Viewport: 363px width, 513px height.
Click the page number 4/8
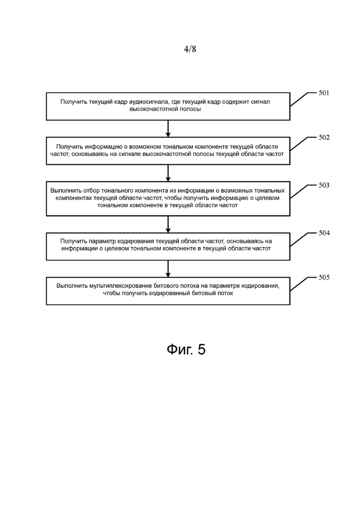click(190, 49)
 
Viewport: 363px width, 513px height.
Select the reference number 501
click(324, 93)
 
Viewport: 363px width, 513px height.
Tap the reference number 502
click(324, 137)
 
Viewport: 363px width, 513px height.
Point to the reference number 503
click(324, 185)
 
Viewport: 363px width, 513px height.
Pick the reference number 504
click(324, 233)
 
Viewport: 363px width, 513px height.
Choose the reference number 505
click(324, 278)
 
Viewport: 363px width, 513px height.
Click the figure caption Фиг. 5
click(186, 349)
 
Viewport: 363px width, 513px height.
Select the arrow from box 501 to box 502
click(168, 128)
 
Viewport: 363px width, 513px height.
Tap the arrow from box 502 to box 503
click(168, 173)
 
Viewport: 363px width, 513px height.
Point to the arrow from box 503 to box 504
click(168, 225)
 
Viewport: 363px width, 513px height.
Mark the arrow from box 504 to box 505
click(168, 269)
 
